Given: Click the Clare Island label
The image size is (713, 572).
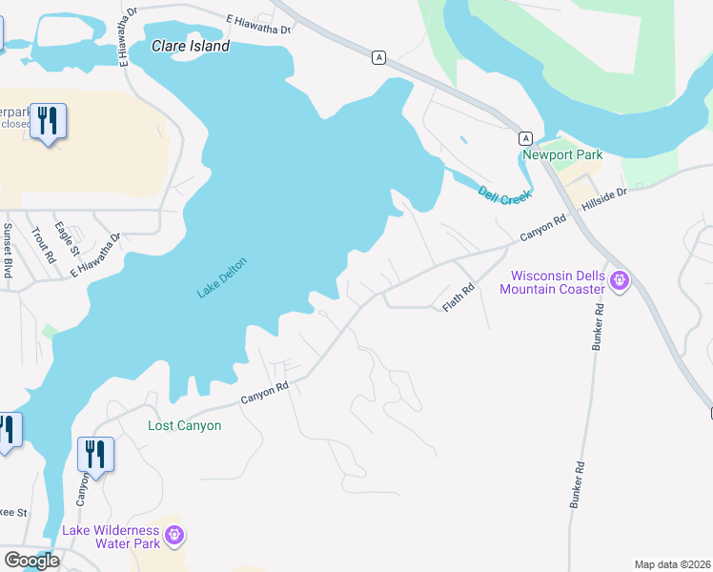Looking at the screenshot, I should click(191, 46).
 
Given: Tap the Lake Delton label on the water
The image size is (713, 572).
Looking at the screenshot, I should click(222, 277).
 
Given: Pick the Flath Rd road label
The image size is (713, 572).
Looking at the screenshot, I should click(458, 298).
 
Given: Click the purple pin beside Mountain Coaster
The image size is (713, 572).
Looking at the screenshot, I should click(619, 281).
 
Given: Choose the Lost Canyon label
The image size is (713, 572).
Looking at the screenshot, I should click(185, 425).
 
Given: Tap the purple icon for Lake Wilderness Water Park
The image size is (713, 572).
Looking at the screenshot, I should click(173, 536).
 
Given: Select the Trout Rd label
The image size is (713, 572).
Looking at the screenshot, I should click(38, 244).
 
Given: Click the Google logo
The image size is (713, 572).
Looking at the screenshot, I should click(32, 561).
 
